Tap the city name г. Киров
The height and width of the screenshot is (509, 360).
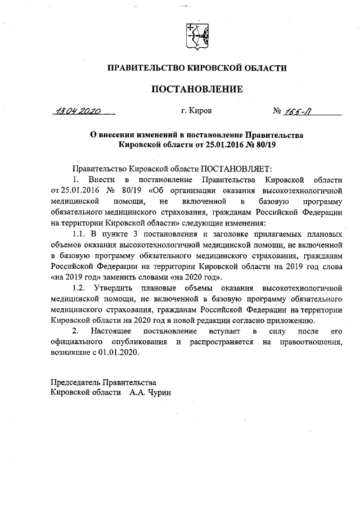click(x=196, y=111)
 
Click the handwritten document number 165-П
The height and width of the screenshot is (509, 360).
click(x=300, y=111)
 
